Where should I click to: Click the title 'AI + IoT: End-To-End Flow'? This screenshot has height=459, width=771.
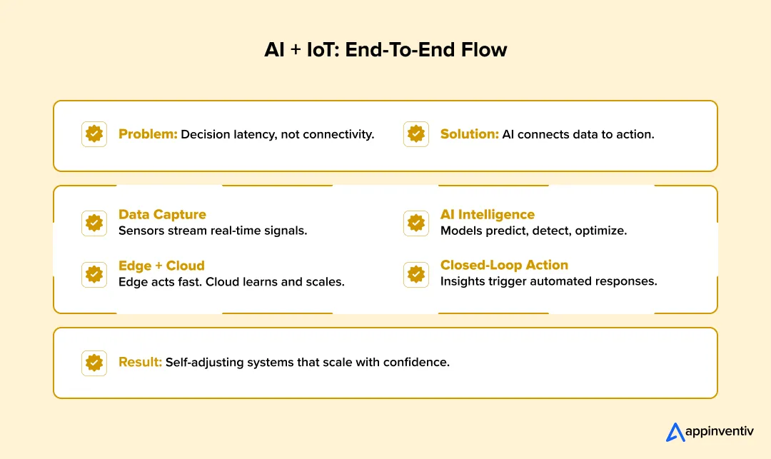tap(385, 51)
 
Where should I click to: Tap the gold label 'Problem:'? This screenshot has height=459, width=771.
tap(148, 134)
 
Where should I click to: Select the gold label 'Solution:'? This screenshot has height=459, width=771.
tap(469, 134)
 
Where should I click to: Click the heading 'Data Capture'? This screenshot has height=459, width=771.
tap(162, 214)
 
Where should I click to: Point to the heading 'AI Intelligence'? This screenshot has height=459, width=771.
tap(487, 214)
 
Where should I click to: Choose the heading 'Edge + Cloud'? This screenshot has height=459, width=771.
tap(161, 265)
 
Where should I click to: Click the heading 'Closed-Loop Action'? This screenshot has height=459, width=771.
tap(504, 265)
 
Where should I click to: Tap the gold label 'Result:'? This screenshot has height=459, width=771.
tap(140, 362)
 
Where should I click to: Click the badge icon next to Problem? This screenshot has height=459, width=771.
tap(94, 134)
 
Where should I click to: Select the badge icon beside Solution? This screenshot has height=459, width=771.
tap(416, 134)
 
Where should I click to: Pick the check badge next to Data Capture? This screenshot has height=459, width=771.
tap(94, 223)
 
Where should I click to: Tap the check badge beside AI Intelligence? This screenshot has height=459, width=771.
tap(416, 223)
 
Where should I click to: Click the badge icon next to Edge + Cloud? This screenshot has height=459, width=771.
tap(94, 274)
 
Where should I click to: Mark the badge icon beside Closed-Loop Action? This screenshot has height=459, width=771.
tap(416, 274)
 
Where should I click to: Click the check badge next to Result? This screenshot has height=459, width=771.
tap(94, 363)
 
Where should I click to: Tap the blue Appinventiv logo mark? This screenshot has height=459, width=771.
tap(675, 432)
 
